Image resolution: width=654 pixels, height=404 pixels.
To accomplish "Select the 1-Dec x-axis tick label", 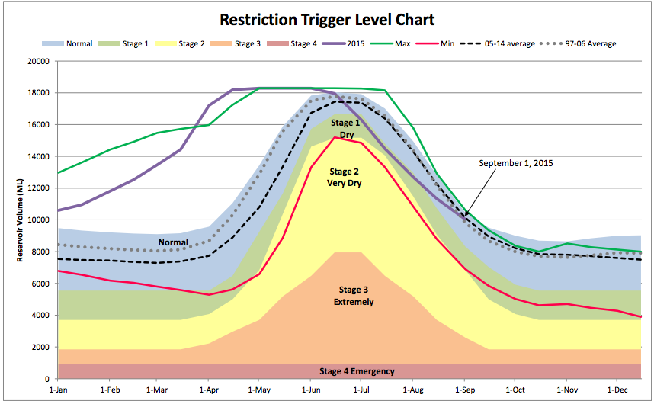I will (x=617, y=389).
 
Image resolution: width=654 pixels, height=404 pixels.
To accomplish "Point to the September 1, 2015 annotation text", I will (x=517, y=163).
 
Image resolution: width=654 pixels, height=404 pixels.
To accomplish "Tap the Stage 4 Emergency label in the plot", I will (x=357, y=371).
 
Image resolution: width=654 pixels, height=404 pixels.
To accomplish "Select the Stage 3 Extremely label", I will (x=354, y=296).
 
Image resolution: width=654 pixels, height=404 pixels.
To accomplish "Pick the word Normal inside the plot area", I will (x=173, y=243).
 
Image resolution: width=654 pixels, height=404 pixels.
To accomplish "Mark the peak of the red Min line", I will (x=335, y=137).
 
